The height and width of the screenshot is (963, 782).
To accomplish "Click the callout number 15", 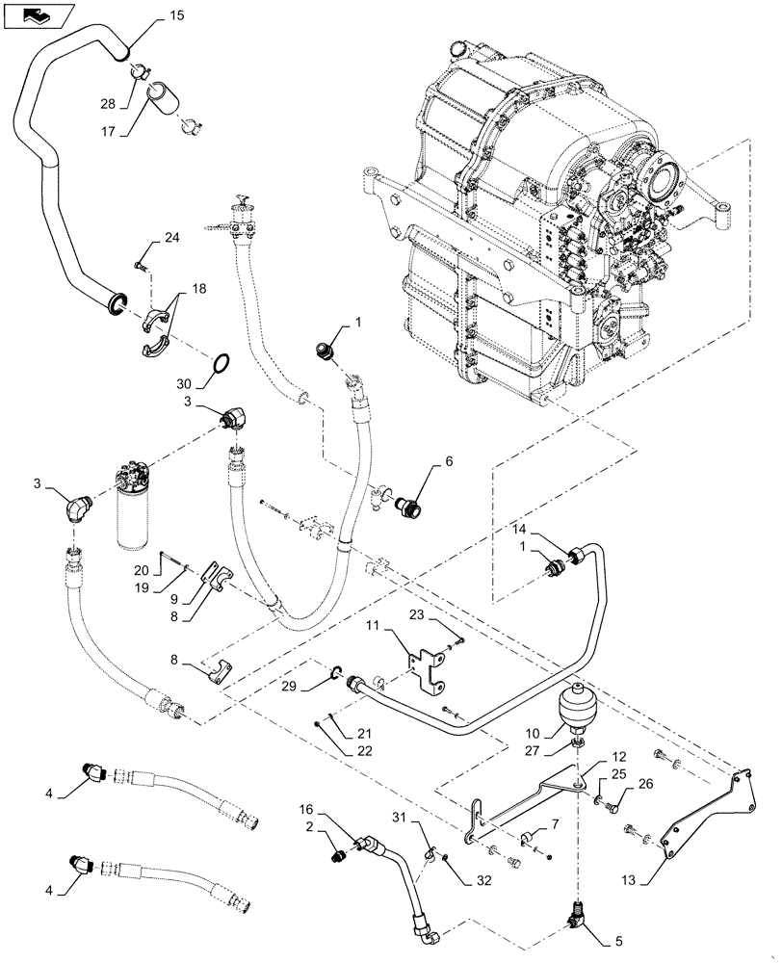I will (x=174, y=16).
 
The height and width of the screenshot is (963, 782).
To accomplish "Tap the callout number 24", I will (x=171, y=238).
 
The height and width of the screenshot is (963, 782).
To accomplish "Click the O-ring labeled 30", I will (x=221, y=364).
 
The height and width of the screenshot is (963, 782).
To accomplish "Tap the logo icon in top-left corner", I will (x=37, y=15).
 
